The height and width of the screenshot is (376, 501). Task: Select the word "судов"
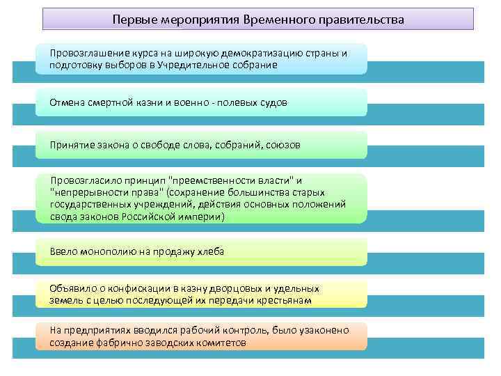[x=271, y=102]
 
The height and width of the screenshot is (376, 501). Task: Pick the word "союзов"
[x=283, y=144]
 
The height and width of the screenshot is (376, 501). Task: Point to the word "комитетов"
[x=221, y=343]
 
